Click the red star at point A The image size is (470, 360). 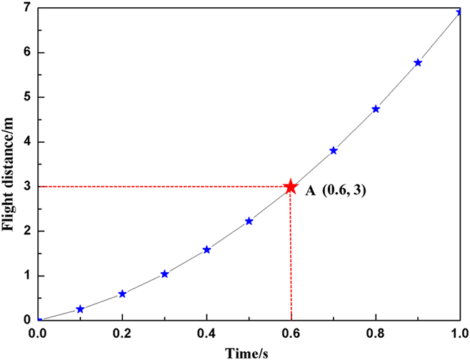tap(291, 187)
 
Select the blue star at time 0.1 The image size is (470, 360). tap(80, 309)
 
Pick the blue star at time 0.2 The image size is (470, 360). tap(122, 294)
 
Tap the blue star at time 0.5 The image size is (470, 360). tap(249, 221)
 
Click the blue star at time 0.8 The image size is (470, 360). tap(376, 109)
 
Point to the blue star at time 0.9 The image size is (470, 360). tap(418, 63)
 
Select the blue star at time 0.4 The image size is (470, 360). tap(207, 249)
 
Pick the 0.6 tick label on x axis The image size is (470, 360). tap(291, 334)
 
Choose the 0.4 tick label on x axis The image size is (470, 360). tap(206, 334)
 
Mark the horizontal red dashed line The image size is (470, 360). tap(164, 187)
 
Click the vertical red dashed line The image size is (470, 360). tap(291, 257)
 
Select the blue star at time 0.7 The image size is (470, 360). tap(334, 151)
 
